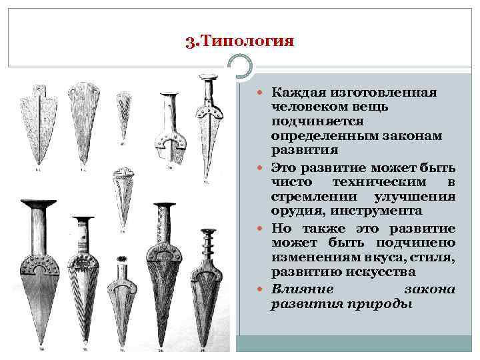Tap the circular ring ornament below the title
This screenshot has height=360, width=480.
point(241,67)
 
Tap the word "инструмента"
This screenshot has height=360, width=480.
point(379,211)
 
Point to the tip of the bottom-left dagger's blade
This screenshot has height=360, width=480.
point(41,343)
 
